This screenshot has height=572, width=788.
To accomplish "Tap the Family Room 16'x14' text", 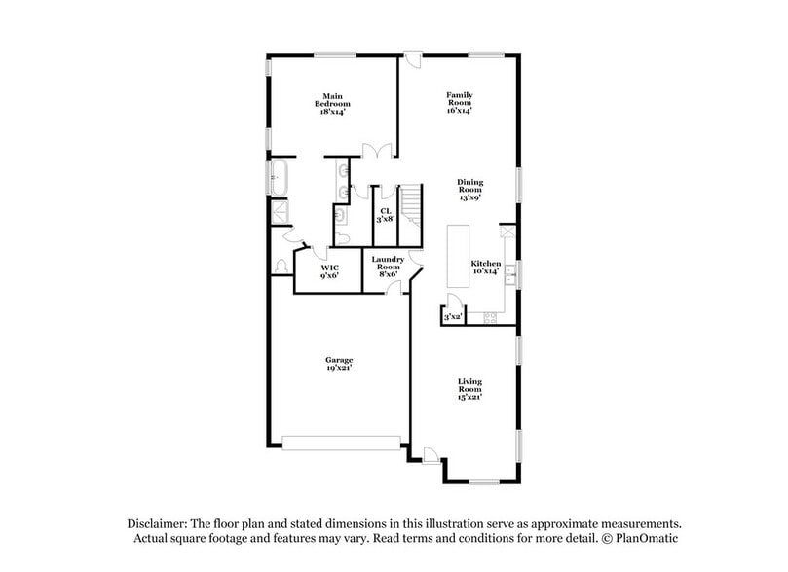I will tap(459, 103).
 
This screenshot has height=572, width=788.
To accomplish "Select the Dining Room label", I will tap(470, 190).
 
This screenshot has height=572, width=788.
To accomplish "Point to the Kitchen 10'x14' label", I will tap(486, 268).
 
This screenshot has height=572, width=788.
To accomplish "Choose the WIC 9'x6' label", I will tap(330, 271).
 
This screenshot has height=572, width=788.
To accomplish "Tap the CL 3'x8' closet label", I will tap(385, 215).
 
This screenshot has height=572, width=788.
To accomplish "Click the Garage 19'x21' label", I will tap(339, 365).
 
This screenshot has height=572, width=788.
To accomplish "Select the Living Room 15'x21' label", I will tap(469, 389).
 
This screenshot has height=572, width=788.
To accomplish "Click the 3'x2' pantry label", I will tap(452, 317).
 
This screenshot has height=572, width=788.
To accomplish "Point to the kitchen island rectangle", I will tap(458, 257).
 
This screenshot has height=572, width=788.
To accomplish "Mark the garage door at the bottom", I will tap(342, 443).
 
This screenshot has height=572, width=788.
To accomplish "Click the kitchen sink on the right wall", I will tap(510, 275).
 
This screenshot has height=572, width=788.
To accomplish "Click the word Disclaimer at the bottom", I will tap(158, 522).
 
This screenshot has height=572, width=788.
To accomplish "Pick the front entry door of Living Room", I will tap(430, 452).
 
